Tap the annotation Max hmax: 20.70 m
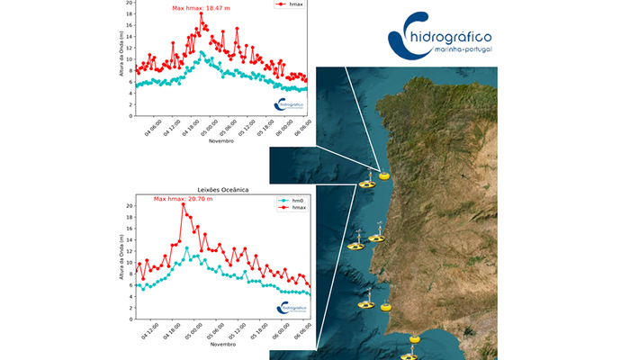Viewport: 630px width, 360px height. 183,198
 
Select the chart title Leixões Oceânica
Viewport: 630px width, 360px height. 222,190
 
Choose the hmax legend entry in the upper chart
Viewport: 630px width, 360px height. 292,5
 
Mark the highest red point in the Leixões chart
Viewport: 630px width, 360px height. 183,205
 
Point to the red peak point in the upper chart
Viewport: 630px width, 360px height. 201,13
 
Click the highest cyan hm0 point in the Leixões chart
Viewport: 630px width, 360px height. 187,247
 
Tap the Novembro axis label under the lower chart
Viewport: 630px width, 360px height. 222,344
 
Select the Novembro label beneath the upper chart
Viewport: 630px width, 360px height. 222,141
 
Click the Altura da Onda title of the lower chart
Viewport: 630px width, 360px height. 121,259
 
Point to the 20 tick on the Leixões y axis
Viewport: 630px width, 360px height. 129,206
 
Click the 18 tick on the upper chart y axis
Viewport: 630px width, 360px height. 129,13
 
